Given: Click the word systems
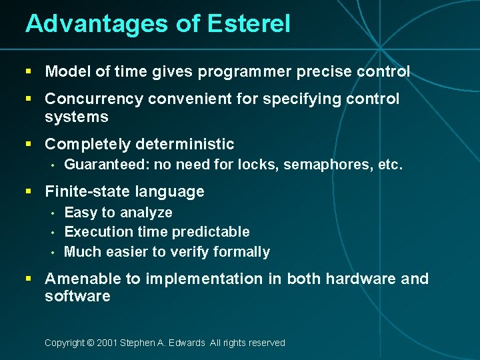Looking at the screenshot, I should point(76,117).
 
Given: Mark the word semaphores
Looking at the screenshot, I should point(326,165).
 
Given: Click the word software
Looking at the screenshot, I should point(77,297).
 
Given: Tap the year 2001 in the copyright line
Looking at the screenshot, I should point(108,343).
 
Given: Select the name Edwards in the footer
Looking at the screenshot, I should point(187,343).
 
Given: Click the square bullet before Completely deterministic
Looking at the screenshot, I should point(29,144).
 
